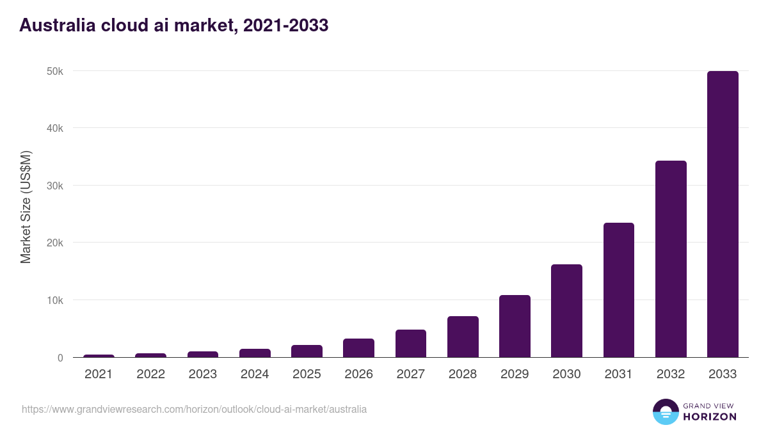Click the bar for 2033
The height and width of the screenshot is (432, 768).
723,214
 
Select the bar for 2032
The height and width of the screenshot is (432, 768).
671,259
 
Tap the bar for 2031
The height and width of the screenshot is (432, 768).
618,290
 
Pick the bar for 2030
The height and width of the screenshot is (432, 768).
566,311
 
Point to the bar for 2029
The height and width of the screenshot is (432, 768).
515,326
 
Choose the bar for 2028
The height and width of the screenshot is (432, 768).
463,337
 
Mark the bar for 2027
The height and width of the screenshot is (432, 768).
410,344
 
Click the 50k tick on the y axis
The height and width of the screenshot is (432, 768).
56,71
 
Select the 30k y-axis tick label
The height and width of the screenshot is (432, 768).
56,186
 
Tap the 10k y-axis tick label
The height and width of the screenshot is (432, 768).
56,300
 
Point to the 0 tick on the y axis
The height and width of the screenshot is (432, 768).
60,358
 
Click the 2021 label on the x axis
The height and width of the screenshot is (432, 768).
99,374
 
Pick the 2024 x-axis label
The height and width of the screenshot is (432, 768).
255,374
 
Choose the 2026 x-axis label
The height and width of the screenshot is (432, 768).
358,374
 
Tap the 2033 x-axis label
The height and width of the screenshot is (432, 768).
723,374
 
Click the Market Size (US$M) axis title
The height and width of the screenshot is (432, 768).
26,207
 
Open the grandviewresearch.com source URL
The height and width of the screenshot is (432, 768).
194,409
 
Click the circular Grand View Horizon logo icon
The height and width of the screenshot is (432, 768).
665,412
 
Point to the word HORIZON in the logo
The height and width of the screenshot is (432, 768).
710,417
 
